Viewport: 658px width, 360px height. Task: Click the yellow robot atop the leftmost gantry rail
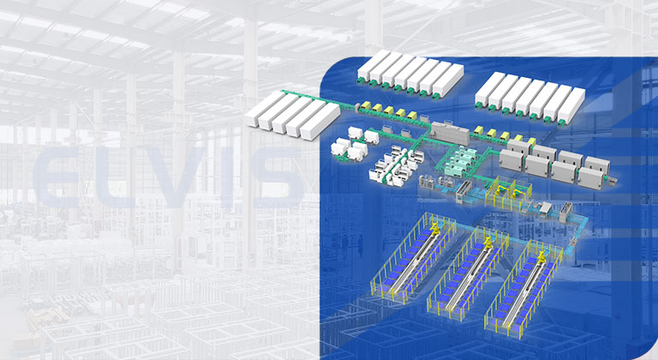coord(435,227)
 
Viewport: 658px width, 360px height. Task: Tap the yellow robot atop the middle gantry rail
coord(488,243)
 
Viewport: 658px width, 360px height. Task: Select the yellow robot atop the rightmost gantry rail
coord(541,256)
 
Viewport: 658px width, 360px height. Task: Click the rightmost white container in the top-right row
coord(571,105)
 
